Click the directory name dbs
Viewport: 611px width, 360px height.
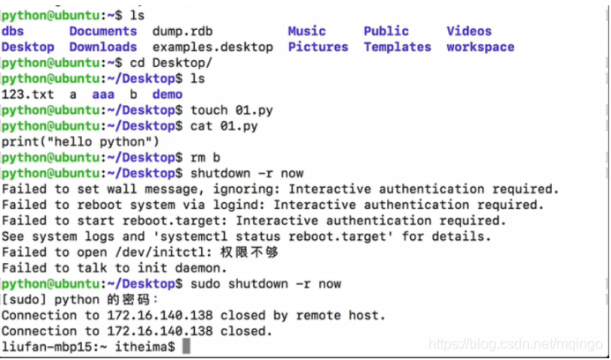[12, 32]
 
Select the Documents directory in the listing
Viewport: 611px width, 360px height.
[103, 32]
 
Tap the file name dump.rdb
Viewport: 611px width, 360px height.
[186, 32]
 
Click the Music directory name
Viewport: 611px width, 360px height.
[307, 32]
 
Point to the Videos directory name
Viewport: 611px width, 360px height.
[469, 32]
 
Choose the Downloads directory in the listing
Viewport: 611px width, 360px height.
[103, 48]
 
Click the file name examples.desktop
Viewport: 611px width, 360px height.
[212, 48]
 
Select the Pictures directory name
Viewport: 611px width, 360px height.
[318, 48]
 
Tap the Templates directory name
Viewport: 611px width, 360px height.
[398, 48]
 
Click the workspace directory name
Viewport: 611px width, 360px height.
[481, 48]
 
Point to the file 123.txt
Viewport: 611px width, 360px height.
[24, 95]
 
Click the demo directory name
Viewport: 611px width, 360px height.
[168, 95]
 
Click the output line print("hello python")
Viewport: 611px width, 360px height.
[80, 142]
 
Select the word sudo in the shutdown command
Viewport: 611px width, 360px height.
[197, 284]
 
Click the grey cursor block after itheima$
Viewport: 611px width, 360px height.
[186, 348]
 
